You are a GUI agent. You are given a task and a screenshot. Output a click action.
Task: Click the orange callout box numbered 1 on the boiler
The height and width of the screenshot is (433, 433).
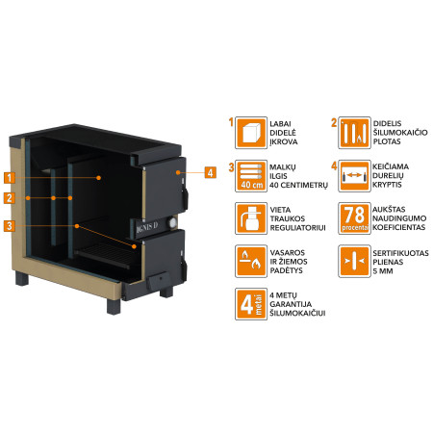click(x=10, y=177)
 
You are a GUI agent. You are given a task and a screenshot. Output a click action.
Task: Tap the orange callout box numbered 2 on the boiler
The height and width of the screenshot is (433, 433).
click(x=10, y=198)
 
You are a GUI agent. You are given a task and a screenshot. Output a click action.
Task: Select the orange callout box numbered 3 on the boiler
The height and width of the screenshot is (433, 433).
click(x=10, y=226)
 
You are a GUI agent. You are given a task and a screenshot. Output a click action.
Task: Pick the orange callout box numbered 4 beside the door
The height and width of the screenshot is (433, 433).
click(x=210, y=172)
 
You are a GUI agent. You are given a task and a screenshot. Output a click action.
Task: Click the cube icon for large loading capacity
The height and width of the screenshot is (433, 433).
click(x=251, y=133)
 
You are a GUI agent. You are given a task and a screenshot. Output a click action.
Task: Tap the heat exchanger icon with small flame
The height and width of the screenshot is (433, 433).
click(x=354, y=133)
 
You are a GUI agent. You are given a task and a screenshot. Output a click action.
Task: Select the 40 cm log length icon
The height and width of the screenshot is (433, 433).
click(x=251, y=176)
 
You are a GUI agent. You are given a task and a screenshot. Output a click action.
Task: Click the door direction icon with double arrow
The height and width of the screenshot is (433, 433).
click(x=354, y=176)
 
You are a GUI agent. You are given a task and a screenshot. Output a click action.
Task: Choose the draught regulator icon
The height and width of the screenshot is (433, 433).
click(x=251, y=218)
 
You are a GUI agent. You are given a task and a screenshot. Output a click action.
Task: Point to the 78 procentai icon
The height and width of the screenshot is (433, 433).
click(x=354, y=218)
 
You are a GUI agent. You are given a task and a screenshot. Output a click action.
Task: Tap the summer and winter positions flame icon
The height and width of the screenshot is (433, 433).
click(x=251, y=261)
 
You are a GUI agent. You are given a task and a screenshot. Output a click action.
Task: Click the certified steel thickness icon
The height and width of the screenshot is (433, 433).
click(x=354, y=261)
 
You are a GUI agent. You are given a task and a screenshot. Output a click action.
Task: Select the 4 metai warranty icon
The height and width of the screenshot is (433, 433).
click(x=251, y=304)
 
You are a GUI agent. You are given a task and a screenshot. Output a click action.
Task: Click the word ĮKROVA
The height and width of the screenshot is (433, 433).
click(x=284, y=141)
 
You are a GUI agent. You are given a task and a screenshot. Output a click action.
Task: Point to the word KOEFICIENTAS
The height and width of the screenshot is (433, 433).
click(x=399, y=227)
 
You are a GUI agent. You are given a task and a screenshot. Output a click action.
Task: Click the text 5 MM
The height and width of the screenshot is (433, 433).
click(x=383, y=271)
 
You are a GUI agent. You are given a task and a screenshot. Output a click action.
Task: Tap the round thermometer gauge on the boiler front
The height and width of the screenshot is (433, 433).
click(x=173, y=222)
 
